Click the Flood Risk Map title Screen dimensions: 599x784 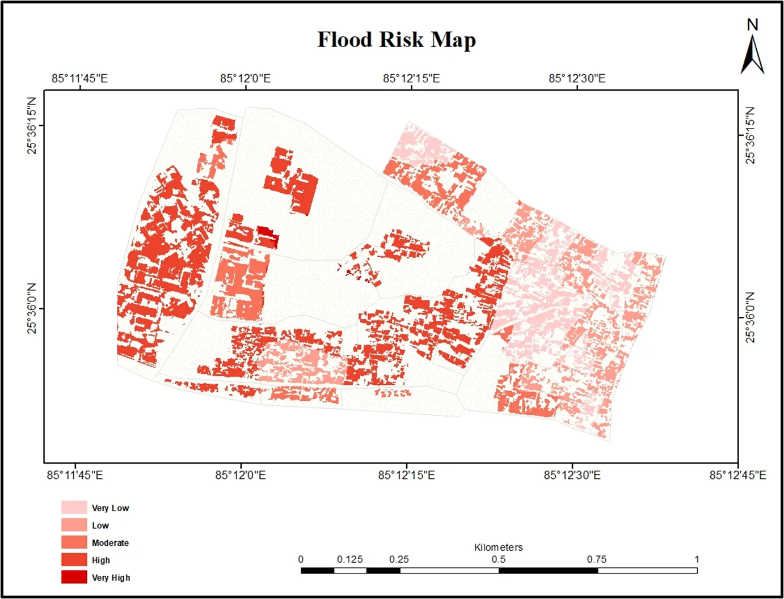pyautogui.click(x=397, y=40)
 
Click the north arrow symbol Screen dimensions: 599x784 pyautogui.click(x=752, y=55)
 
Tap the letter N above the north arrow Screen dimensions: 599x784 pyautogui.click(x=752, y=25)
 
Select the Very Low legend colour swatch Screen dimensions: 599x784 pyautogui.click(x=74, y=507)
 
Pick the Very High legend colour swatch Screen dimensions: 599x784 pyautogui.click(x=74, y=577)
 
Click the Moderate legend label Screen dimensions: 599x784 pyautogui.click(x=110, y=543)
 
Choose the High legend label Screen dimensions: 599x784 pyautogui.click(x=101, y=560)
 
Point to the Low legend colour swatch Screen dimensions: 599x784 pyautogui.click(x=74, y=525)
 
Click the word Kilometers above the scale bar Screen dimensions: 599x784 pyautogui.click(x=498, y=547)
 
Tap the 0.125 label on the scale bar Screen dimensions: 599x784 pyautogui.click(x=349, y=559)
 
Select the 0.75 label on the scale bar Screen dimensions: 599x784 pyautogui.click(x=596, y=559)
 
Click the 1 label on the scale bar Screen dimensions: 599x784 pyautogui.click(x=697, y=559)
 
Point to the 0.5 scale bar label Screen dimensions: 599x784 pyautogui.click(x=498, y=559)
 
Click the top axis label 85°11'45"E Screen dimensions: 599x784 pyautogui.click(x=79, y=78)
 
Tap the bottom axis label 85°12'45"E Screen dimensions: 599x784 pyautogui.click(x=737, y=475)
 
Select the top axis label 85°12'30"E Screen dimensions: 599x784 pyautogui.click(x=576, y=78)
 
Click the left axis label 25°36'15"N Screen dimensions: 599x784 pyautogui.click(x=32, y=126)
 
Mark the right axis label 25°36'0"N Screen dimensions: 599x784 pyautogui.click(x=750, y=317)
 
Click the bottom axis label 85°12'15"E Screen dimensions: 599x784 pyautogui.click(x=406, y=475)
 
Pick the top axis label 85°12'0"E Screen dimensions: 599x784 pyautogui.click(x=245, y=78)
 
